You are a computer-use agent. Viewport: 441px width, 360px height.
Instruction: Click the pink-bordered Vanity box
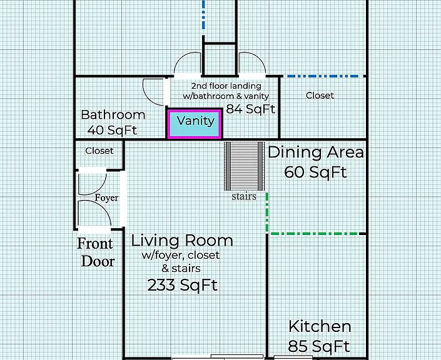pyautogui.click(x=195, y=124)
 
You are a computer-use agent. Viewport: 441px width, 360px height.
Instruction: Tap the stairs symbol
pyautogui.click(x=244, y=166)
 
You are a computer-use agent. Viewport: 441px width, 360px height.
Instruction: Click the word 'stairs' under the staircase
pyautogui.click(x=244, y=196)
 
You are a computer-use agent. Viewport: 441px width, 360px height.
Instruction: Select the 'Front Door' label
pyautogui.click(x=96, y=252)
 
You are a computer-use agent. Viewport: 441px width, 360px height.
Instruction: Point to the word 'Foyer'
pyautogui.click(x=106, y=198)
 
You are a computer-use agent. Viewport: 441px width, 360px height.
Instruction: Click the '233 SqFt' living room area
pyautogui.click(x=183, y=285)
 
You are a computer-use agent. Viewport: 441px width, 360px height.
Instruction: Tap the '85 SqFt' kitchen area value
pyautogui.click(x=319, y=346)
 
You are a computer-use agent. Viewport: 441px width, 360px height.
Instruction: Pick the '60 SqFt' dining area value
pyautogui.click(x=315, y=172)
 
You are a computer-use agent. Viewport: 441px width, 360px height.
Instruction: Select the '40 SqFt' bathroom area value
pyautogui.click(x=112, y=130)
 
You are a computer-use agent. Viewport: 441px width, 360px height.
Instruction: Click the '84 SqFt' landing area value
pyautogui.click(x=251, y=109)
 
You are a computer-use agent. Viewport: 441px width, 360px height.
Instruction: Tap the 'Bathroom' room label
pyautogui.click(x=113, y=114)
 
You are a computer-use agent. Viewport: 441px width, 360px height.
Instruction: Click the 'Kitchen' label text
pyautogui.click(x=320, y=326)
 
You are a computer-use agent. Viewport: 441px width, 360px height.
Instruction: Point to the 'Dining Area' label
pyautogui.click(x=316, y=152)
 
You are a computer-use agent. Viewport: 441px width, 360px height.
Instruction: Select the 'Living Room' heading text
pyautogui.click(x=182, y=241)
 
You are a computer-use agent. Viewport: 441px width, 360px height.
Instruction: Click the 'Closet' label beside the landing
pyautogui.click(x=320, y=96)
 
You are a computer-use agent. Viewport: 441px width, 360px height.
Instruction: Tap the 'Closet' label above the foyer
pyautogui.click(x=99, y=151)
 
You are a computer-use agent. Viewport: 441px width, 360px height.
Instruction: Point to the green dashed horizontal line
pyautogui.click(x=314, y=234)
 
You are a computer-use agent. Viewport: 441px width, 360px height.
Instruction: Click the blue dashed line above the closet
pyautogui.click(x=323, y=76)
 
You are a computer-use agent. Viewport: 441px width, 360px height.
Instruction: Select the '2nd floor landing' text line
pyautogui.click(x=226, y=86)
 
